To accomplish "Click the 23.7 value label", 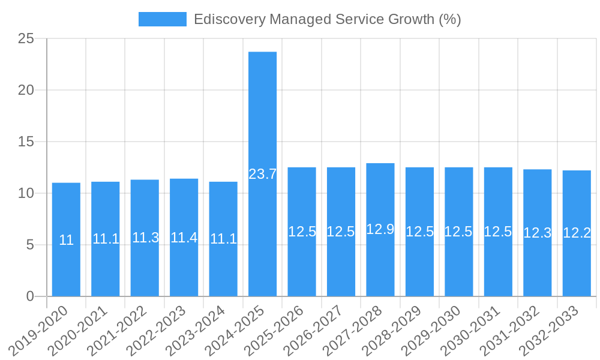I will [x=262, y=175].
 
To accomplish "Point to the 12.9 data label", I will [x=380, y=229].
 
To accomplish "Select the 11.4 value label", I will [x=184, y=238].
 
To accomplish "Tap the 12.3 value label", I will [x=537, y=233].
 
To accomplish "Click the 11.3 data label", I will [x=145, y=238].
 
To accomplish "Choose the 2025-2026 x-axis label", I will [x=281, y=329].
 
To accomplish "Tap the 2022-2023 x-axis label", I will [x=164, y=329].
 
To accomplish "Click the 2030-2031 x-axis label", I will [x=478, y=329].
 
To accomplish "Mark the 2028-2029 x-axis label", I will [x=400, y=329].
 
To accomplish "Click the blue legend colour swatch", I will [x=162, y=19].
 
